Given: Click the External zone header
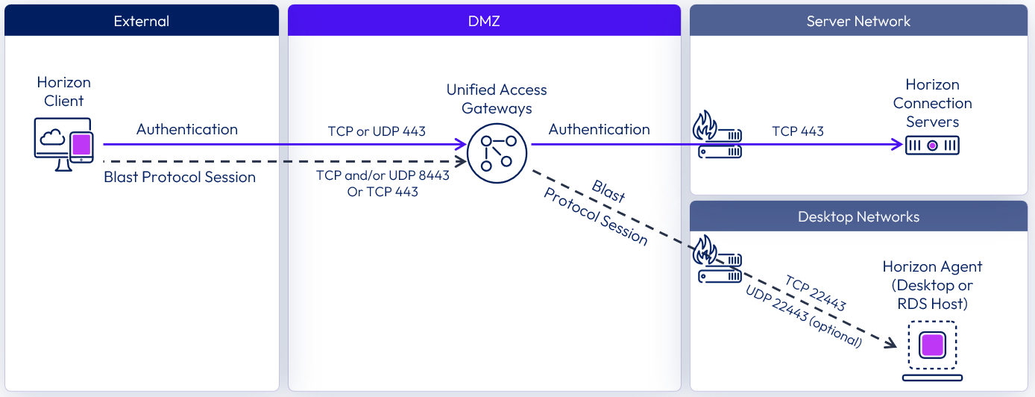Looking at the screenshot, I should pyautogui.click(x=142, y=21).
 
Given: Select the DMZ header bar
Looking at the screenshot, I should pyautogui.click(x=484, y=21).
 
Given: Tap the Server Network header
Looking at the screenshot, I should pyautogui.click(x=858, y=21).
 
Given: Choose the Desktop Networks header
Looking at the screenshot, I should pyautogui.click(x=858, y=216).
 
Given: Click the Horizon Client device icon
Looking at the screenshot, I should pyautogui.click(x=64, y=143).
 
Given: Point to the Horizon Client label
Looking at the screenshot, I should pyautogui.click(x=64, y=92).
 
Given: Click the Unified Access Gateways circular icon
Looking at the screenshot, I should pyautogui.click(x=497, y=146).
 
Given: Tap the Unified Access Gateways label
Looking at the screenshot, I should pyautogui.click(x=497, y=99).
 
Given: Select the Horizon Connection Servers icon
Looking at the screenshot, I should pyautogui.click(x=932, y=146).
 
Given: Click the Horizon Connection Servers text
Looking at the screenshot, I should pyautogui.click(x=932, y=103).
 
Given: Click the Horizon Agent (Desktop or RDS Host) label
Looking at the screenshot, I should pyautogui.click(x=932, y=285).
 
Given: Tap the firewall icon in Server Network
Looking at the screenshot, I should pyautogui.click(x=719, y=135).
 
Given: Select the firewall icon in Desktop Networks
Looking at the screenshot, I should pyautogui.click(x=719, y=259).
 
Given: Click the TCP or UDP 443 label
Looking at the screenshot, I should pyautogui.click(x=377, y=131).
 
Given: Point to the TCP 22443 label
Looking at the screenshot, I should pyautogui.click(x=815, y=293).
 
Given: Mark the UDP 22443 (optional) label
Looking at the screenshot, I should pyautogui.click(x=803, y=316).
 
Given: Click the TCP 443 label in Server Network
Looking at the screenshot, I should pyautogui.click(x=798, y=131).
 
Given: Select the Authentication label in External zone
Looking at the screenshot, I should pyautogui.click(x=186, y=129).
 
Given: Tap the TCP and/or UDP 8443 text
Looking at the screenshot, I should pyautogui.click(x=372, y=175).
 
